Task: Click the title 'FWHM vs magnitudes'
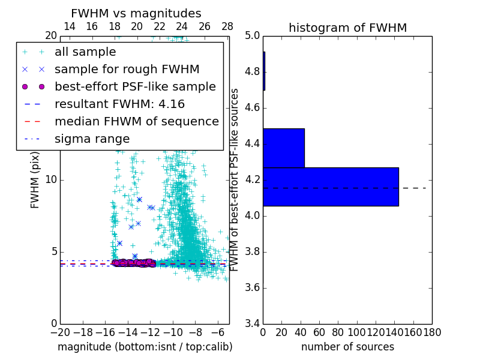(136, 13)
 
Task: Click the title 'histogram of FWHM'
(347, 28)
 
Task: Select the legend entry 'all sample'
(85, 52)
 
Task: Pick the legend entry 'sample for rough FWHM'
(127, 69)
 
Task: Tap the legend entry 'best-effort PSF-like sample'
(135, 86)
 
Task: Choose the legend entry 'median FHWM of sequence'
(136, 121)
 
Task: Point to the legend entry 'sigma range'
(92, 139)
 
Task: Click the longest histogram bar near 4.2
(331, 187)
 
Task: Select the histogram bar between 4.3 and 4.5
(283, 148)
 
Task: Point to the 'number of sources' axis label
(347, 347)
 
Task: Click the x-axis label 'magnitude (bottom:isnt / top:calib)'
(145, 347)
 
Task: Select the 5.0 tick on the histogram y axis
(252, 36)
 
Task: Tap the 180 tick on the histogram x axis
(432, 332)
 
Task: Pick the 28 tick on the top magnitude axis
(227, 26)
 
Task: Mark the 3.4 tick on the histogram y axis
(252, 323)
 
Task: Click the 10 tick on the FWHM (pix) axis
(51, 179)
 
